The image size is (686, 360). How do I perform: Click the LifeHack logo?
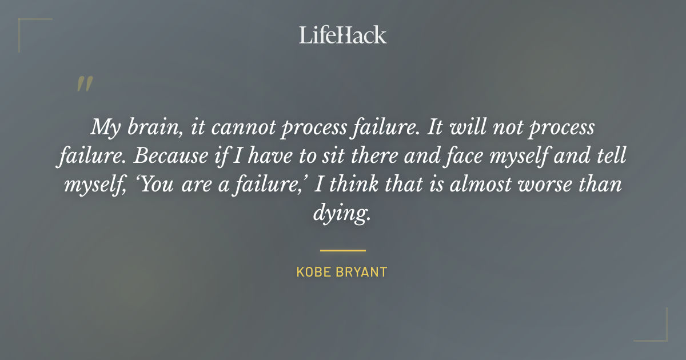click(342, 35)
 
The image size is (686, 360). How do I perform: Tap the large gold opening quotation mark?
click(84, 84)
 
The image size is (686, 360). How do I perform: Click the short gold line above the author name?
click(342, 250)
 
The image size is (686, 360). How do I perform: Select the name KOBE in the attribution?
click(312, 272)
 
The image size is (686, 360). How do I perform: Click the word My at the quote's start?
click(105, 127)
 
